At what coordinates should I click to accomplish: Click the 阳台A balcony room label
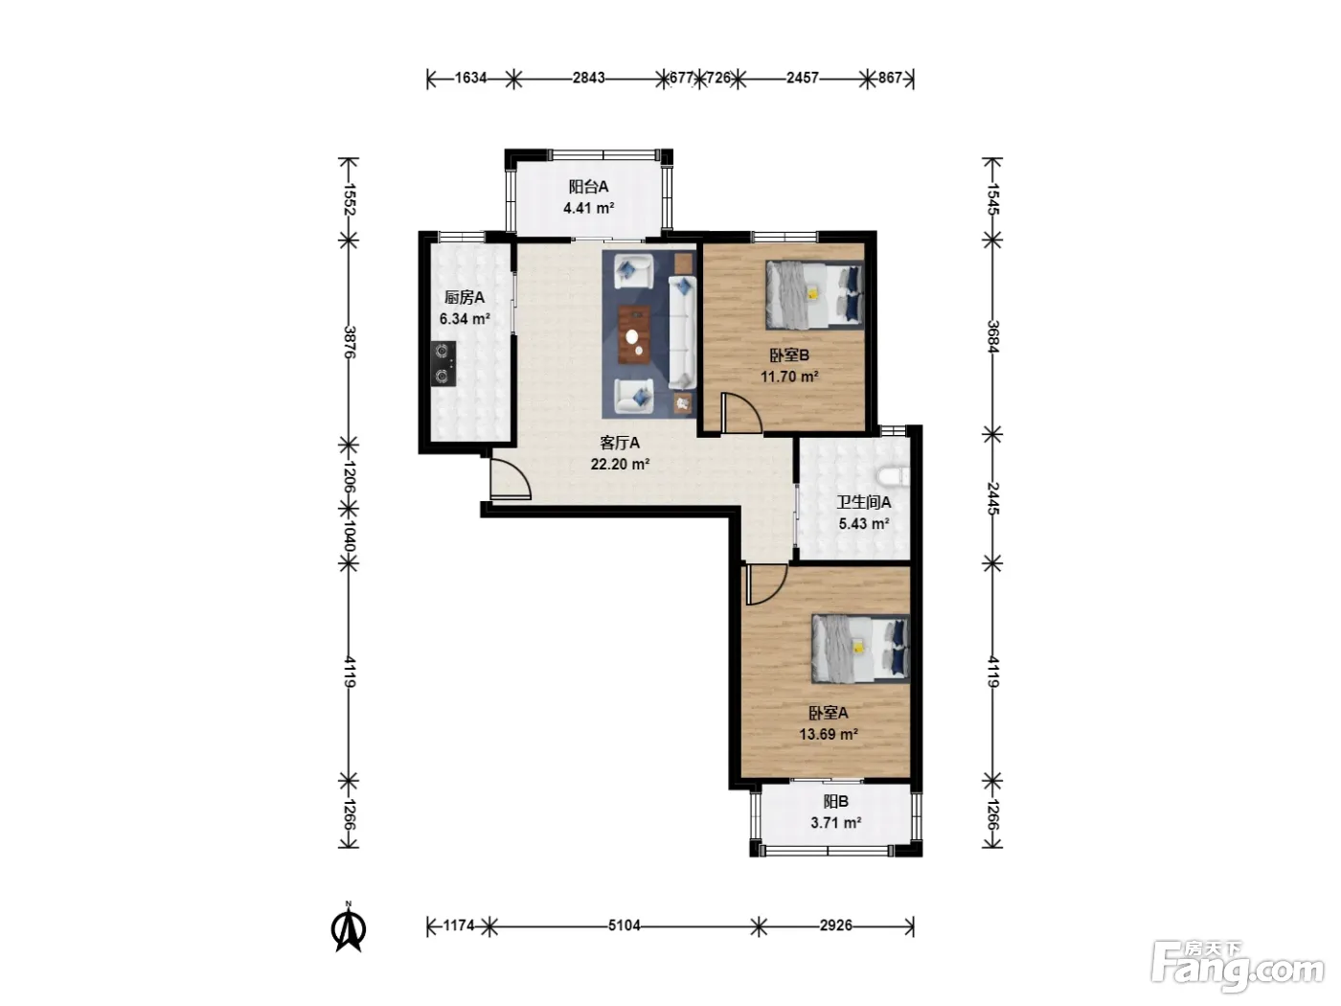588,187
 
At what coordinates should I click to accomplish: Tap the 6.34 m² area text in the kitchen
465,319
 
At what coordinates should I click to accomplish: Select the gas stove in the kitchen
443,364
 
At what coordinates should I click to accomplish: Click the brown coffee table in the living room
634,335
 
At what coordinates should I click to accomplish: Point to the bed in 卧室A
860,649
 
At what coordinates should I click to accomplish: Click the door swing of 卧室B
740,413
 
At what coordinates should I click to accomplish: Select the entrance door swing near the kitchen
511,479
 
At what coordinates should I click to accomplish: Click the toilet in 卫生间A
894,477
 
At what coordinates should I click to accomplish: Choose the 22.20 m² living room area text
620,465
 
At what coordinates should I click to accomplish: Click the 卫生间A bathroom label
863,502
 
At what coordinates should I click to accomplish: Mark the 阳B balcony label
836,801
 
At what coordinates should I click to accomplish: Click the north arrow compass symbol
349,929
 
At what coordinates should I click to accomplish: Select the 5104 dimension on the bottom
624,926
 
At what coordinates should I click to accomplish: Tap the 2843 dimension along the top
588,78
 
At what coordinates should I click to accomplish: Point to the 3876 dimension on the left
350,342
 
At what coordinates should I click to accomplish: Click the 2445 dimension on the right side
992,498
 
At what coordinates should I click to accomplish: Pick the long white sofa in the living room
682,332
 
